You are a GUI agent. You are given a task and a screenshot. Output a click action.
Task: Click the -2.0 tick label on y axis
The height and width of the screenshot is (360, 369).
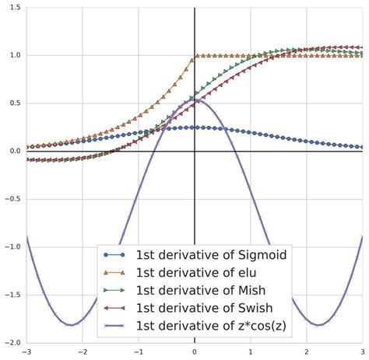click(x=12, y=343)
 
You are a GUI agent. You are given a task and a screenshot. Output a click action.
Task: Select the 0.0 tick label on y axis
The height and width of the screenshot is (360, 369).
click(x=14, y=151)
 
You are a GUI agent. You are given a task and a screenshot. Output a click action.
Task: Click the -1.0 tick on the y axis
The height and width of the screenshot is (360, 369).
click(x=12, y=247)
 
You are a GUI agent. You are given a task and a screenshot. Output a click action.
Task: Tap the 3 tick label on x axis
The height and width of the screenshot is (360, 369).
click(x=363, y=352)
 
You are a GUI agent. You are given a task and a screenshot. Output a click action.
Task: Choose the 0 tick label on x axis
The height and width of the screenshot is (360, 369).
click(x=195, y=352)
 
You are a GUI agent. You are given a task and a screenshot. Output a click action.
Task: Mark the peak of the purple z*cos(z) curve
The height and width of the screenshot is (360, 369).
click(x=195, y=100)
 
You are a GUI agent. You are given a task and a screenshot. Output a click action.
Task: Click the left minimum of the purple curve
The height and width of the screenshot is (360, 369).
click(x=72, y=325)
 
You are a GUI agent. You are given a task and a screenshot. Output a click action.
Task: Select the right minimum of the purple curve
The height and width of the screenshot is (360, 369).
click(x=318, y=325)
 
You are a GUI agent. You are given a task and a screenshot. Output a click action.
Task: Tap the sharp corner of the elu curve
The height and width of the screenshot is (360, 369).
click(x=195, y=55)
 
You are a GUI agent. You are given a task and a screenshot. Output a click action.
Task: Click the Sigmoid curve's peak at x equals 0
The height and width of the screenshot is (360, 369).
click(x=195, y=127)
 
